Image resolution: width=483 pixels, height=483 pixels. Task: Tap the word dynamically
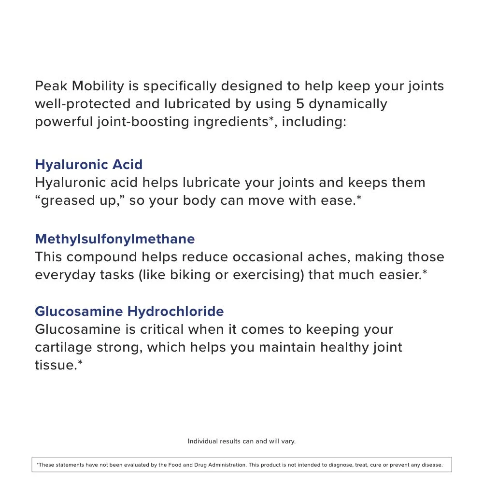pyautogui.click(x=348, y=104)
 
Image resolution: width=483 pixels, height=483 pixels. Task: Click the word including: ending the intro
pyautogui.click(x=314, y=121)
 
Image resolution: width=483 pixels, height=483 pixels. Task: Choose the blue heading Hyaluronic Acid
pyautogui.click(x=88, y=164)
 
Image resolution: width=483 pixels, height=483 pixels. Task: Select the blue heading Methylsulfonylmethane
pyautogui.click(x=115, y=239)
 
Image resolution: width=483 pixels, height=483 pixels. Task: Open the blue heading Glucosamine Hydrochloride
pyautogui.click(x=129, y=311)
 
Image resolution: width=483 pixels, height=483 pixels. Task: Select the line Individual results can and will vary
pyautogui.click(x=241, y=441)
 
